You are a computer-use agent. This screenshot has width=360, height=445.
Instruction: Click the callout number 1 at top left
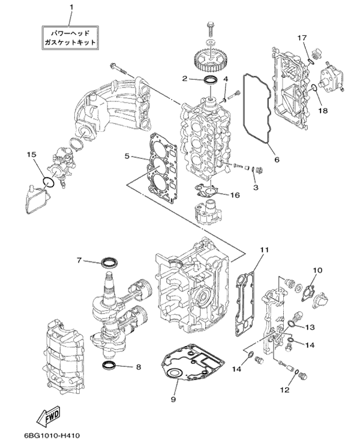pos(71,7)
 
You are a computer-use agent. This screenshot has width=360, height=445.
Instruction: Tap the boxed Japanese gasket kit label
pos(70,38)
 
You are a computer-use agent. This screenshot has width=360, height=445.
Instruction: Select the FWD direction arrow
pos(50,417)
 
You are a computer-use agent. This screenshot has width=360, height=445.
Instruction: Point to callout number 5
pos(127,156)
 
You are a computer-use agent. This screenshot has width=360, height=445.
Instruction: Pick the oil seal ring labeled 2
pos(212,80)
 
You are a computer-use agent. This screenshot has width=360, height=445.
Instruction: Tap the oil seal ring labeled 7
pos(110,262)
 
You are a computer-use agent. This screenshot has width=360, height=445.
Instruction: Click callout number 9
pos(173,399)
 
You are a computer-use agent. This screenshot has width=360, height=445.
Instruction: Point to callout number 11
pos(265,249)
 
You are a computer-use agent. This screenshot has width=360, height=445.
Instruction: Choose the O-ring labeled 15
pos(49,182)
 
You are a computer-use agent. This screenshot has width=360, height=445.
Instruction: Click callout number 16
pos(235,195)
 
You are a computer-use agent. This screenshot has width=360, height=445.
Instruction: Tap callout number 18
pos(323,110)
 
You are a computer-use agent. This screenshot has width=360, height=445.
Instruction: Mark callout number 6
pos(277,160)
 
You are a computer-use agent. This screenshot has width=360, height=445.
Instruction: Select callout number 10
pos(317,270)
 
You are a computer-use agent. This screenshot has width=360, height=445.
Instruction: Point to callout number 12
pos(285,390)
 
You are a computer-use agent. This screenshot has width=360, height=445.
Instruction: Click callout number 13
pos(310,327)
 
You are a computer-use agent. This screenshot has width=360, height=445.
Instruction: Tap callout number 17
pos(302,38)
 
